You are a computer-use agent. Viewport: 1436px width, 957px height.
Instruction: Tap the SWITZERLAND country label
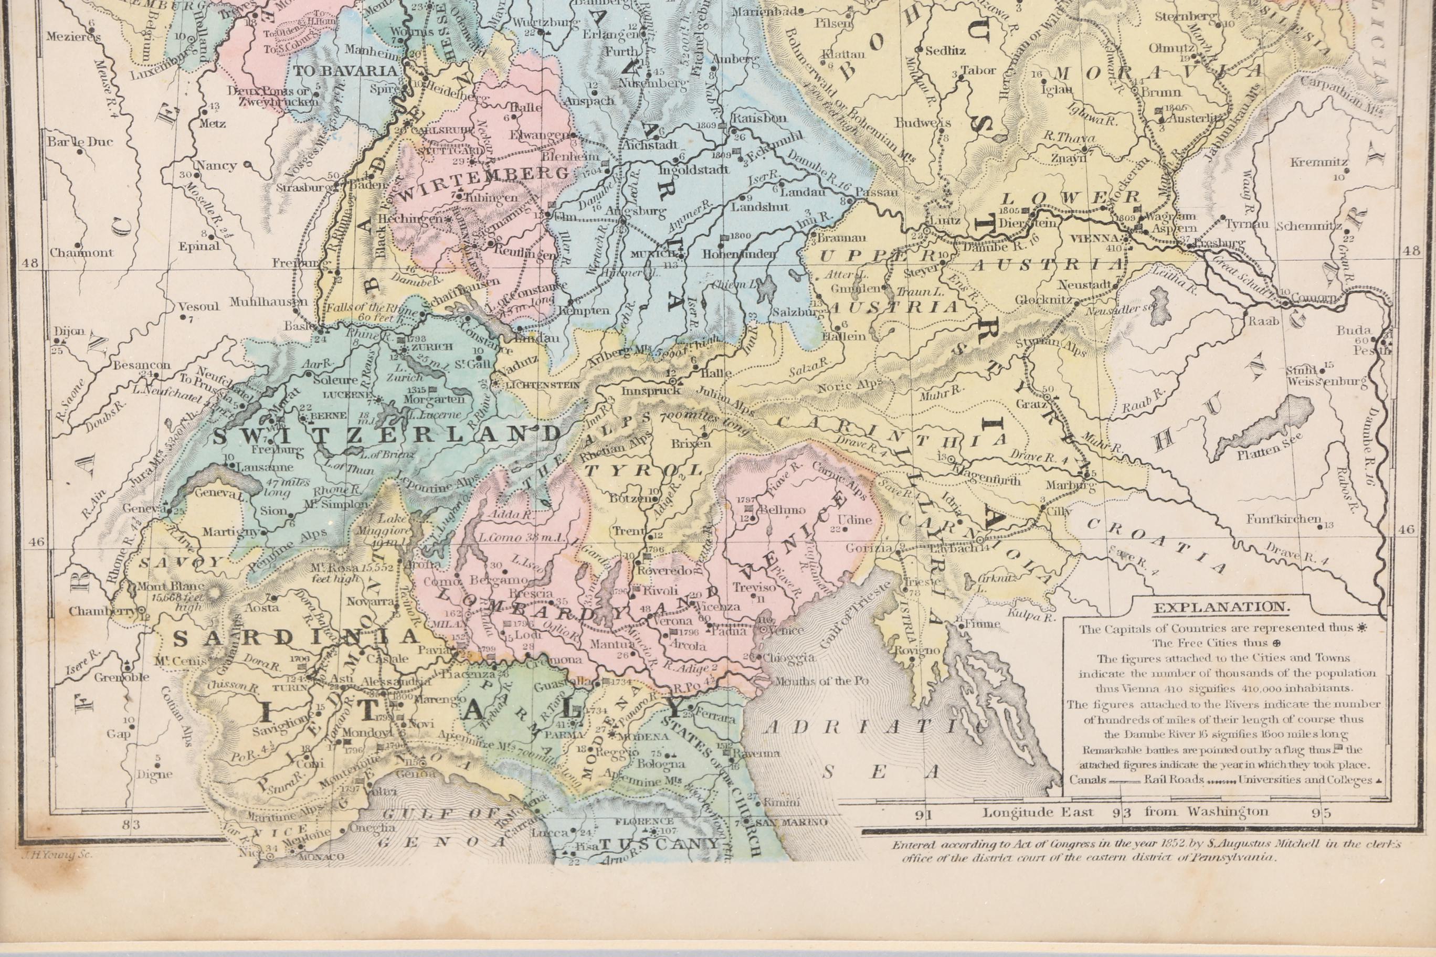[x=387, y=434]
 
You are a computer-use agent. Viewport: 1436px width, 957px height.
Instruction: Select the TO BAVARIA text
[x=345, y=70]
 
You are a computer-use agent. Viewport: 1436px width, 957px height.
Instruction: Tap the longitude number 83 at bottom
[x=131, y=825]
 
